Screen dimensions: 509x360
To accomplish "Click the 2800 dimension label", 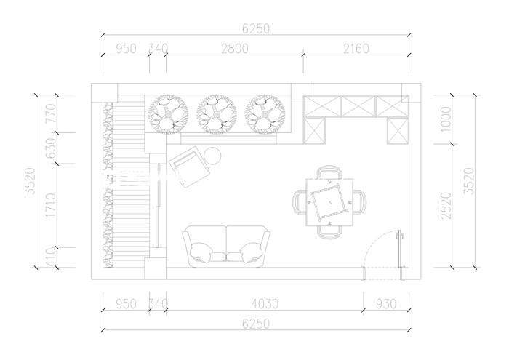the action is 235,49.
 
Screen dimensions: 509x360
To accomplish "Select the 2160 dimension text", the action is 356,49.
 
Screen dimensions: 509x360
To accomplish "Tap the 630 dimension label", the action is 51,148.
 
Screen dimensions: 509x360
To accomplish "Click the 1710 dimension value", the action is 51,206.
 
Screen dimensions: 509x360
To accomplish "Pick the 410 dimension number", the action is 51,257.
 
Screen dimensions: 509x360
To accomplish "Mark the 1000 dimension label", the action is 446,119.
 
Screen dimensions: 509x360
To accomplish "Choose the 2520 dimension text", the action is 446,206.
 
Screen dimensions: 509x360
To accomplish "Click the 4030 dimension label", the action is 265,304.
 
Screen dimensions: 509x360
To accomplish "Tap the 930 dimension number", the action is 386,304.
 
